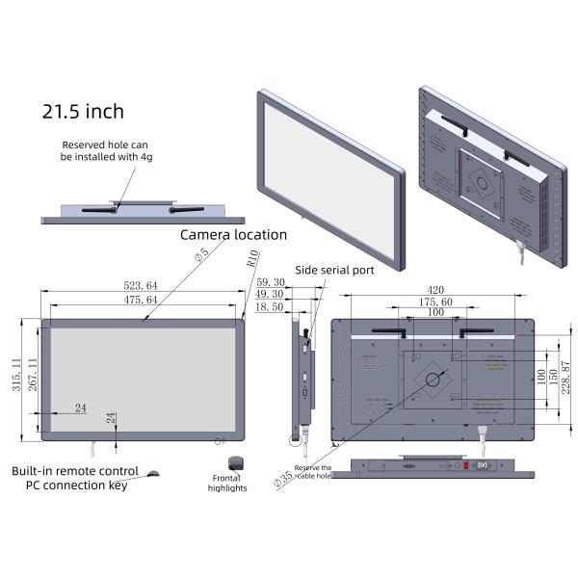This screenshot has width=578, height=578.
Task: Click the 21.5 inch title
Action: click(83, 112)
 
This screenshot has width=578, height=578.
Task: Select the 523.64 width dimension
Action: click(141, 285)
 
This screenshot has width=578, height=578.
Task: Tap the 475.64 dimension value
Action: click(141, 301)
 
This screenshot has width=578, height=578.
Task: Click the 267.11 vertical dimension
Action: click(33, 375)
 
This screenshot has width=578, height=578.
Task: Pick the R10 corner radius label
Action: click(252, 257)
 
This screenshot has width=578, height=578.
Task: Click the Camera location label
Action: click(233, 234)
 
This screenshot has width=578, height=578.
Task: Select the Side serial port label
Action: click(334, 271)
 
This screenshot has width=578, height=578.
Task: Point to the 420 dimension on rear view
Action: click(434, 289)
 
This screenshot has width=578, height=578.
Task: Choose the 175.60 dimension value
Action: click(434, 302)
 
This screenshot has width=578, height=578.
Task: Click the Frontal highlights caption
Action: click(227, 482)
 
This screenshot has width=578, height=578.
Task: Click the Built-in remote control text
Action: click(75, 471)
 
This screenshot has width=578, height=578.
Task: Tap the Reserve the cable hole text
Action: click(312, 471)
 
